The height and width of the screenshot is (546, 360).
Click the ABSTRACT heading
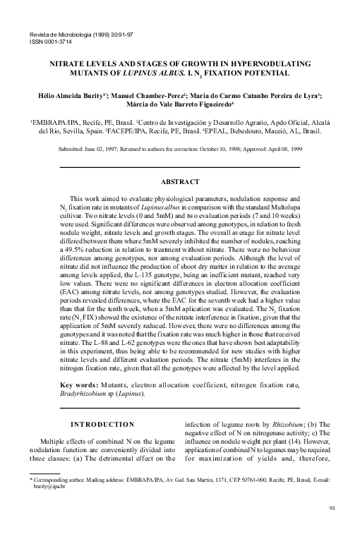tap(180, 182)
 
